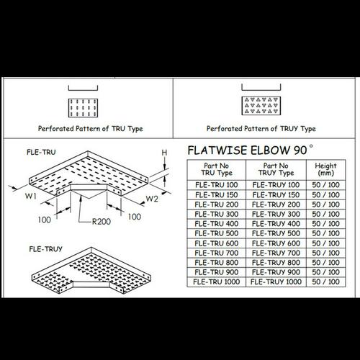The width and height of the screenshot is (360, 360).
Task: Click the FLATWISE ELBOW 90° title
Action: click(251, 152)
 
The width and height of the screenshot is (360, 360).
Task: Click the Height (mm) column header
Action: click(326, 169)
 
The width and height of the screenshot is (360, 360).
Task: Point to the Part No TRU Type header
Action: click(215, 169)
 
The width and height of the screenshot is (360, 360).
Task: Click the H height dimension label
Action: click(164, 153)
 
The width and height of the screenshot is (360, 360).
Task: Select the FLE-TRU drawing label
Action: click(40, 153)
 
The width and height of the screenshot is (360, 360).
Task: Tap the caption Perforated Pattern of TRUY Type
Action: click(261, 129)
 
